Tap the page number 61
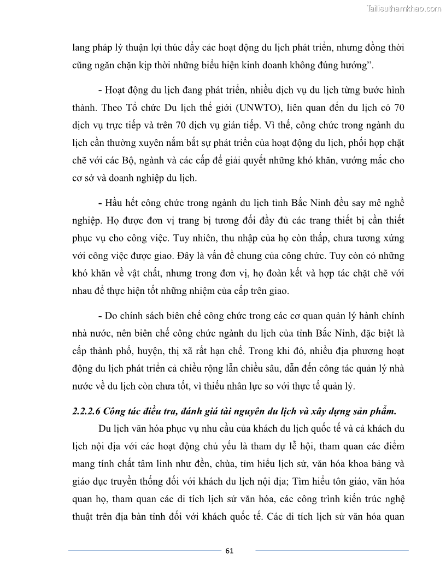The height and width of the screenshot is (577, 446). point(229,550)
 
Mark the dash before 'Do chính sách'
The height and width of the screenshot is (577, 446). point(101,317)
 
